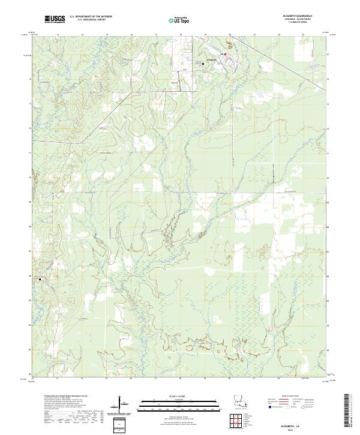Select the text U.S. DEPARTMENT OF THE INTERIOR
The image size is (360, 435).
tap(91, 17)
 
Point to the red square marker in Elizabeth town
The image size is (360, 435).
tap(224, 55)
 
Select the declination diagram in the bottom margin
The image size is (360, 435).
tap(122, 408)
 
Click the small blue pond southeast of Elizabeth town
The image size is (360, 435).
tap(259, 95)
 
